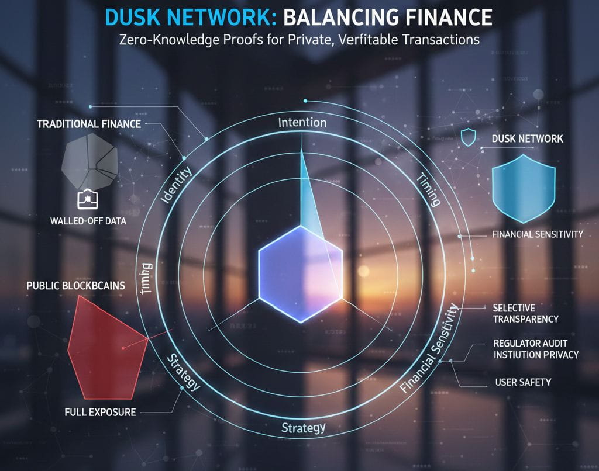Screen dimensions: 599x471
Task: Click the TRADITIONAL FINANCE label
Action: coord(89,124)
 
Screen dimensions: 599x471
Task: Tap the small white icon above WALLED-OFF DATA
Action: coord(85,199)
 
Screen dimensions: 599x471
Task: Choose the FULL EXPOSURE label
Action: coord(100,413)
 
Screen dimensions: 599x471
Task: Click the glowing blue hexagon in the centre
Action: coord(300,273)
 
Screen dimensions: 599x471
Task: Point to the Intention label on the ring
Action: coord(302,123)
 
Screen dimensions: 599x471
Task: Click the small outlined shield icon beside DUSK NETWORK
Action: coord(469,138)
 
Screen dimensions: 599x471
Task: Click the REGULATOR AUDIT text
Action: coord(531,343)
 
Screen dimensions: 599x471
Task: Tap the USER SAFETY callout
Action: coord(522,382)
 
